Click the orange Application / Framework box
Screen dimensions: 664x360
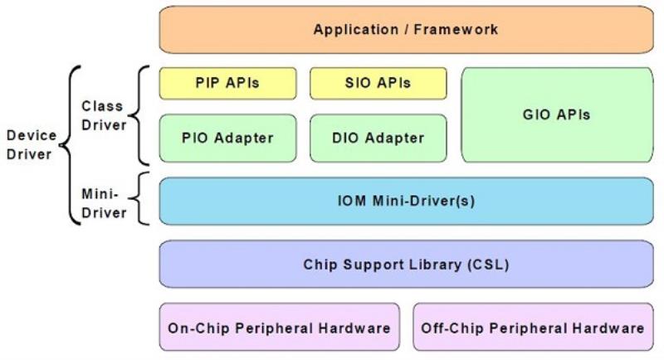click(406, 30)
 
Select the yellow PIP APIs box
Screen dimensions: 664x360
click(227, 83)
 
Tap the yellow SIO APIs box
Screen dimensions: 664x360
click(378, 83)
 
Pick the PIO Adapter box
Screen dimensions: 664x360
click(227, 138)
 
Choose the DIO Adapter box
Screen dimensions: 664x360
click(378, 138)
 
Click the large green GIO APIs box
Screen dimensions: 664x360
click(557, 114)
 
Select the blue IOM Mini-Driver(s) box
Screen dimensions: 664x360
click(406, 201)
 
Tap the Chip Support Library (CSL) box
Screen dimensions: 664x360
click(406, 265)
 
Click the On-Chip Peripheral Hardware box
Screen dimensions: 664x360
click(280, 327)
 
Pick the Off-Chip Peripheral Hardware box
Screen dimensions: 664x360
click(533, 327)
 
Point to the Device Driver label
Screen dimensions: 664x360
click(32, 144)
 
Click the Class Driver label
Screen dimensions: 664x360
click(104, 115)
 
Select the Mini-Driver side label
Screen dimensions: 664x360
click(104, 203)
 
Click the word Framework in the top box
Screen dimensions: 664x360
click(456, 30)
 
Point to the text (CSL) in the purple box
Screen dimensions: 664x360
click(488, 265)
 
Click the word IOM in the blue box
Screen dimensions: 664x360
click(351, 201)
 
